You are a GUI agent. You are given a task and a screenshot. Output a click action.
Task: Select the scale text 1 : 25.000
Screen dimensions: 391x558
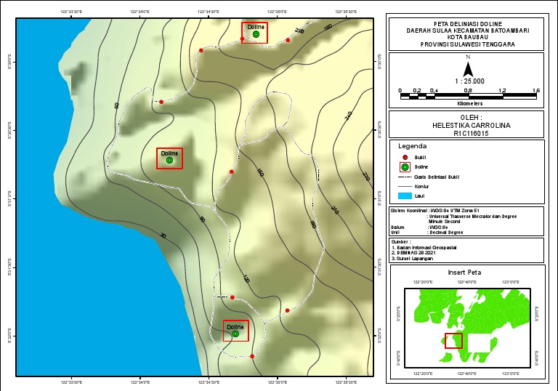(469, 81)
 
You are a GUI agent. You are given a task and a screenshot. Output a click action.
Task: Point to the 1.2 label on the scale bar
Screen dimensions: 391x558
(502, 90)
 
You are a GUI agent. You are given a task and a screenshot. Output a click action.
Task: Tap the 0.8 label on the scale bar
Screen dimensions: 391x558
(468, 90)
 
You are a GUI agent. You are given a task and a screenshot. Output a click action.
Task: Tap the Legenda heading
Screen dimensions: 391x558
(413, 145)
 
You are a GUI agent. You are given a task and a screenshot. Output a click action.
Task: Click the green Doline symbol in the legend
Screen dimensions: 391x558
(405, 167)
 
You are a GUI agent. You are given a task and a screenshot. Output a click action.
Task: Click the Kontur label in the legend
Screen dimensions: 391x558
(422, 186)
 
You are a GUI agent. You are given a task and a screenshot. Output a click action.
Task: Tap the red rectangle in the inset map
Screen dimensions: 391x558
(453, 340)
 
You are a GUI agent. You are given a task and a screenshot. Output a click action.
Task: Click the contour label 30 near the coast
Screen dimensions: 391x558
(163, 235)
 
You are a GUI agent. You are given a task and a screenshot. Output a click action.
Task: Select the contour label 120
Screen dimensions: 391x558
(246, 278)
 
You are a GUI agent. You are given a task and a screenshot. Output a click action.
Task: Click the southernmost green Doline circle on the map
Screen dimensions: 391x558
(235, 334)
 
